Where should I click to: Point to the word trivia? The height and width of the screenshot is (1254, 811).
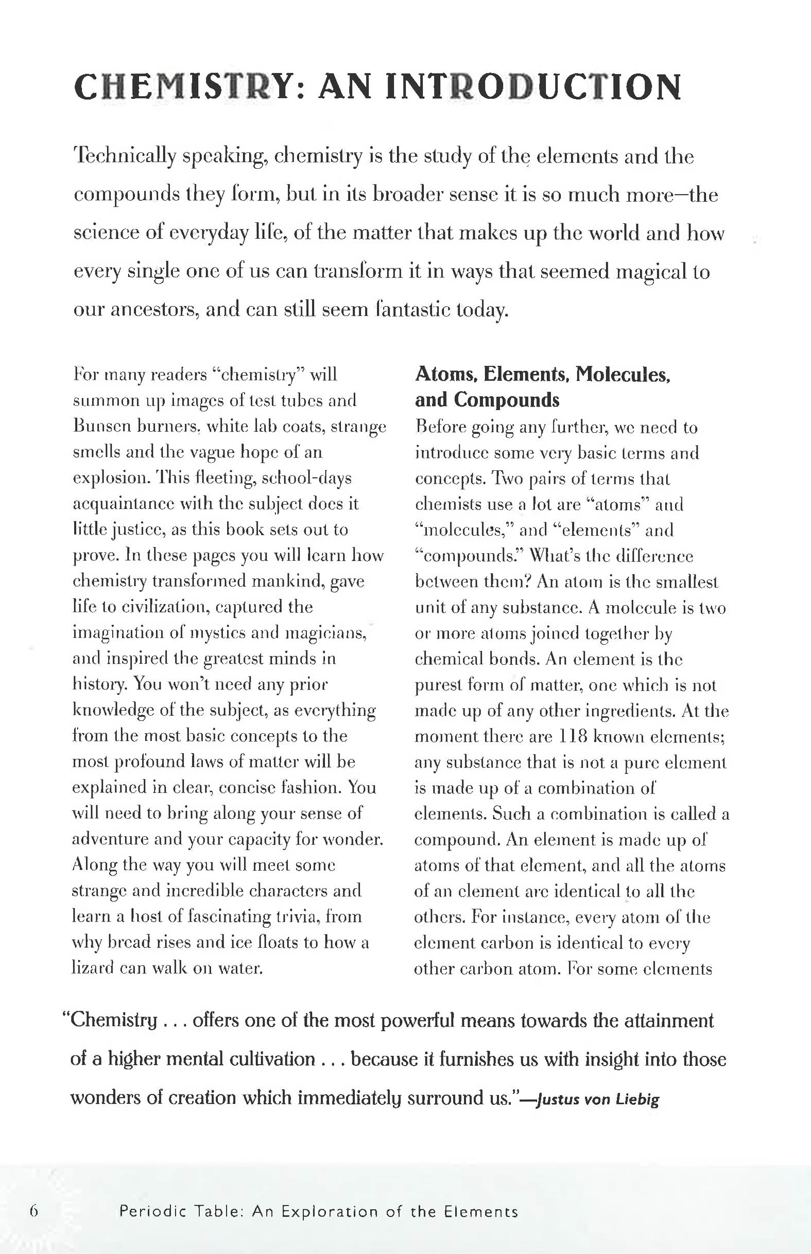tap(296, 916)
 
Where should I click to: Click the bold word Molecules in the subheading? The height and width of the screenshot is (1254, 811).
tap(622, 375)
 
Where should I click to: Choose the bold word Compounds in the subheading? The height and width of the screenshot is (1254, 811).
tap(507, 400)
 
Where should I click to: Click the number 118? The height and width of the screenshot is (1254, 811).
tap(570, 736)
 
